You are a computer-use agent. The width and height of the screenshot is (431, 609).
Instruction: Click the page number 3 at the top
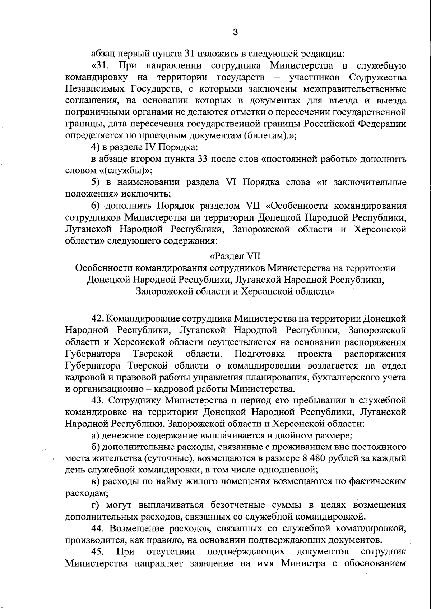point(235,33)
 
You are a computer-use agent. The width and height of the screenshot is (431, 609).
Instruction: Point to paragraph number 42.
point(98,319)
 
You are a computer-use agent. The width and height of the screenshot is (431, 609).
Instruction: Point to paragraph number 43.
point(98,400)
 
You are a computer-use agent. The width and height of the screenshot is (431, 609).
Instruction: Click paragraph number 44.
point(98,529)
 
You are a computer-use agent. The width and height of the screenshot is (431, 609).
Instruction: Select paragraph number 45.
point(98,552)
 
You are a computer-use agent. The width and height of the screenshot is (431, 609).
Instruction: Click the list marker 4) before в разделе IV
point(94,147)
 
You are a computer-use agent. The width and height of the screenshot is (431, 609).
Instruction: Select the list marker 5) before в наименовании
point(94,182)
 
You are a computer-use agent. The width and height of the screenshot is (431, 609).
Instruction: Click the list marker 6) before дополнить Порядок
point(94,206)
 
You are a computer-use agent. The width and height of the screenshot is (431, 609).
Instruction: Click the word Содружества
point(378,78)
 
